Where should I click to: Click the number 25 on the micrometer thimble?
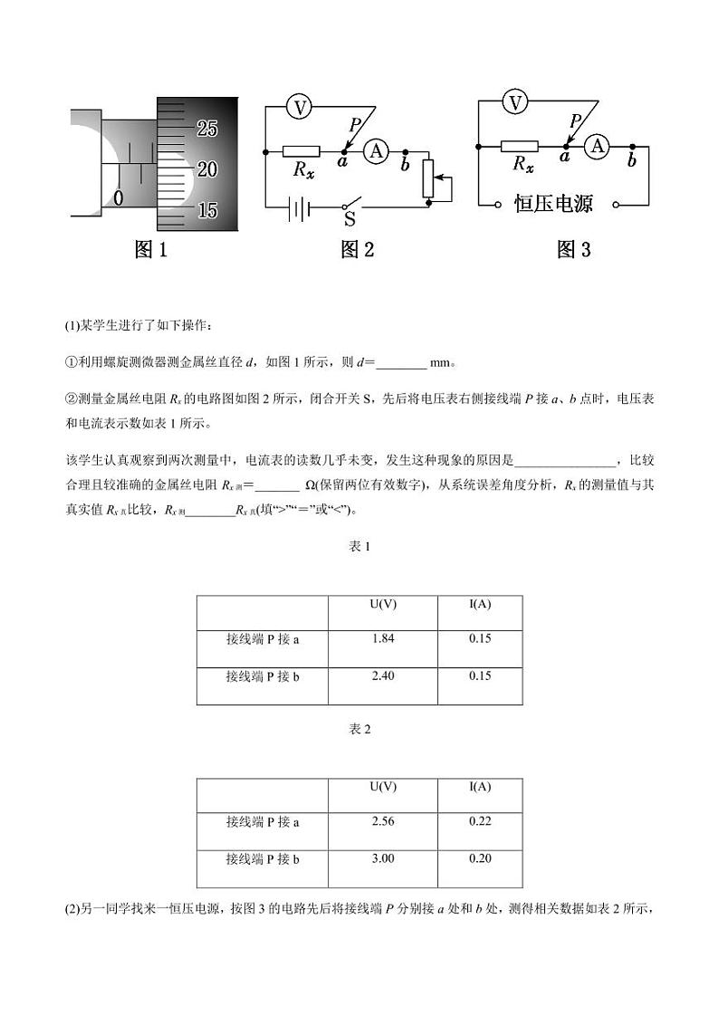pos(207,129)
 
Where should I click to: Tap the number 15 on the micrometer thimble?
pos(207,210)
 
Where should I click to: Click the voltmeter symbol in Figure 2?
pos(299,108)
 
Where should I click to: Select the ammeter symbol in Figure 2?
pos(376,152)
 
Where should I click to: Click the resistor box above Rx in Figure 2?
pos(301,152)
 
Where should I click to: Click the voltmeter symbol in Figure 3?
pos(515,102)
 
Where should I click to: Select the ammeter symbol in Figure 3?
pos(597,145)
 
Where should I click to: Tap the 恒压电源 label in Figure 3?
pos(553,204)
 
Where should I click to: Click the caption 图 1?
pos(151,250)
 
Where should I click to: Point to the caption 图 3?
pos(573,250)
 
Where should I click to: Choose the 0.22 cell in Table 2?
pos(480,821)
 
